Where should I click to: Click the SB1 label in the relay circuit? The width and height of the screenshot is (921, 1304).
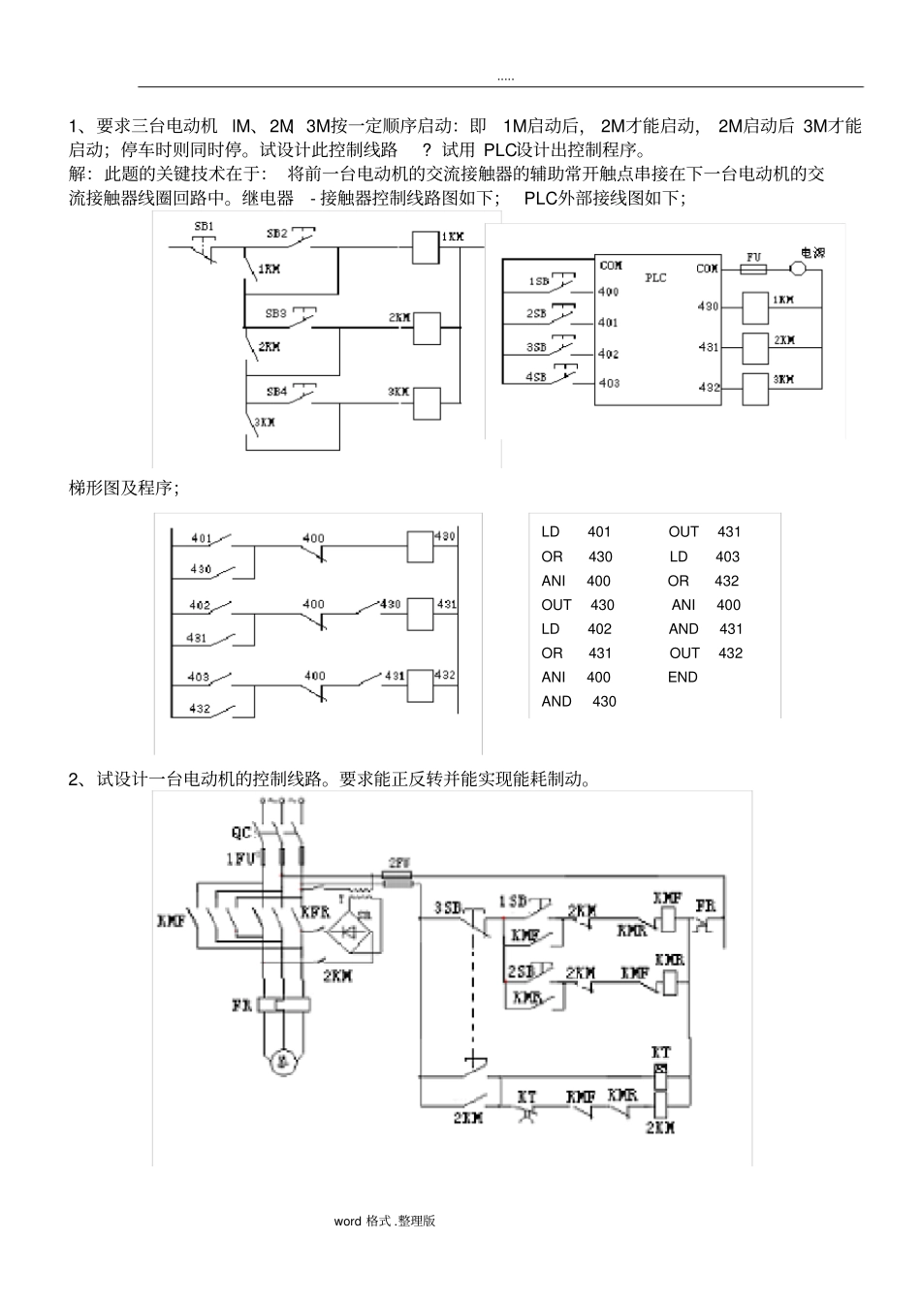(x=204, y=226)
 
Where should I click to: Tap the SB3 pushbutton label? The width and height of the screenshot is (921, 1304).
(x=276, y=314)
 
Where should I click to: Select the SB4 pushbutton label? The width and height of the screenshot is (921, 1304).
(x=276, y=392)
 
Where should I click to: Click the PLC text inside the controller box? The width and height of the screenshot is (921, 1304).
(x=656, y=277)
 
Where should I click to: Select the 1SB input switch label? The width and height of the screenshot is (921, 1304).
(x=538, y=281)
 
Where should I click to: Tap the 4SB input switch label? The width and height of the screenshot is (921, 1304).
(x=536, y=376)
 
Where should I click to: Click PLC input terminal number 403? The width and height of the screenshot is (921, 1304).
(x=609, y=383)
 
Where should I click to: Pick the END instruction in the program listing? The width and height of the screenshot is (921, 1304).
(x=683, y=677)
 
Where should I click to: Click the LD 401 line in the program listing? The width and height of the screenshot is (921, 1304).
(x=576, y=531)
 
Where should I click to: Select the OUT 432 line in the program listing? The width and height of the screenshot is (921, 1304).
(x=706, y=652)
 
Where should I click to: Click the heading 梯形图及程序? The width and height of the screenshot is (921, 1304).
(x=123, y=488)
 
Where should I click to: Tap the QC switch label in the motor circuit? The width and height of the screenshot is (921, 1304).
(x=241, y=833)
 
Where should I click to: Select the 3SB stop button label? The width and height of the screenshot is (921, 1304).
(x=447, y=907)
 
